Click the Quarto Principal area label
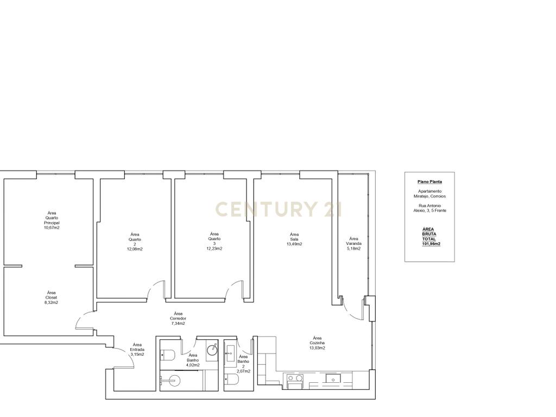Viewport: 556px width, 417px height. [52, 220]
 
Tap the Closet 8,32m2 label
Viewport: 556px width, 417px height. [52, 298]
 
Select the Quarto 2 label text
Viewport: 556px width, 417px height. [135, 242]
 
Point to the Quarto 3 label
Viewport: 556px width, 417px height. [214, 241]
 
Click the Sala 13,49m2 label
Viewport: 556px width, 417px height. [294, 239]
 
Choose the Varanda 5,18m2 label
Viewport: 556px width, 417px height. [353, 244]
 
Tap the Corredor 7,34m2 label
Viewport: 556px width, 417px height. [178, 318]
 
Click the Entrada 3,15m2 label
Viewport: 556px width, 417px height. [137, 349]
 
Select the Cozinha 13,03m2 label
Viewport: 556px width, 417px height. [317, 343]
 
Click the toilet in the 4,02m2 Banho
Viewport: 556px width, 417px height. [167, 355]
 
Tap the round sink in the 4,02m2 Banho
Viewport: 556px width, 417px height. [212, 349]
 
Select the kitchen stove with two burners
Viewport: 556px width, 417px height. [295, 381]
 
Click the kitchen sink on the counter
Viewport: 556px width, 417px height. [333, 380]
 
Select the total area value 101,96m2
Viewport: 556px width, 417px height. [431, 244]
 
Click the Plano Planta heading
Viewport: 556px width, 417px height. [430, 181]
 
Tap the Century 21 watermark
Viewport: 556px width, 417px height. [279, 209]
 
